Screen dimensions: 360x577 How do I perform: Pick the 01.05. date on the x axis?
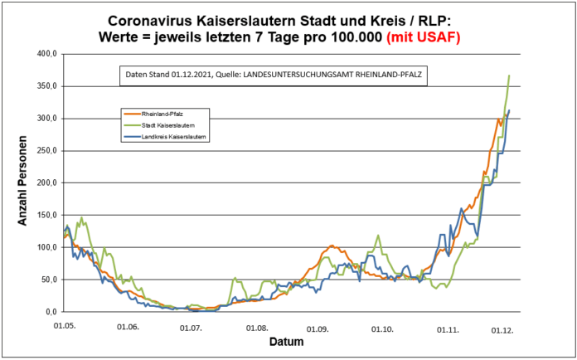(x=65, y=326)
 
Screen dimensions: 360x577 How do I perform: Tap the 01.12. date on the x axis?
(x=502, y=330)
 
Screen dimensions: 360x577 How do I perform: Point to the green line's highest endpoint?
(x=509, y=75)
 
